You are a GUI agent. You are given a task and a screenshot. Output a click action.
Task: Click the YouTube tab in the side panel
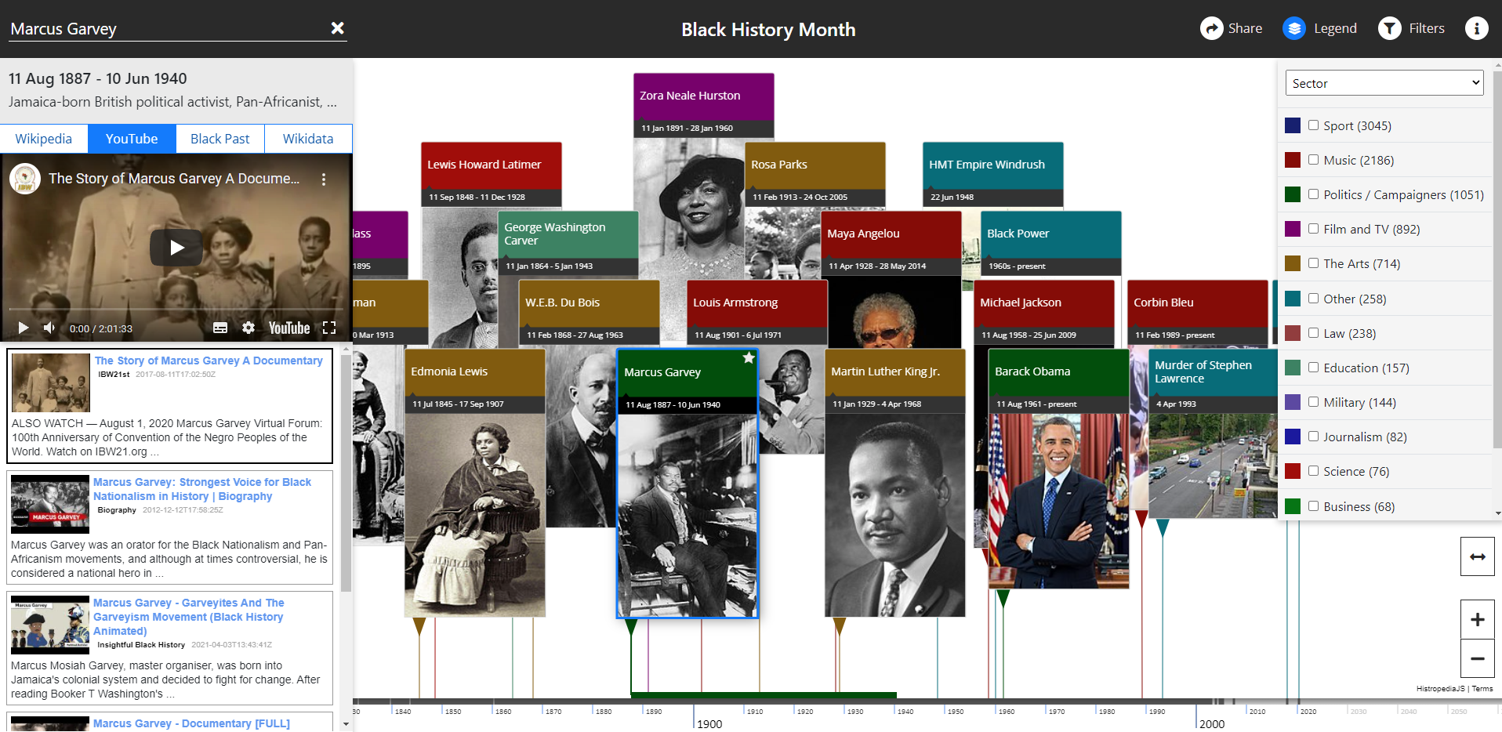pyautogui.click(x=131, y=139)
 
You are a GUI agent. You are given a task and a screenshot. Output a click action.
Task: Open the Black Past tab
pyautogui.click(x=219, y=139)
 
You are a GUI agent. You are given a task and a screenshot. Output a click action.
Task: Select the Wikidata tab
pyautogui.click(x=307, y=139)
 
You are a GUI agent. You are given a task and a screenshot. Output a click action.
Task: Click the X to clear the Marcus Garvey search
pyautogui.click(x=338, y=28)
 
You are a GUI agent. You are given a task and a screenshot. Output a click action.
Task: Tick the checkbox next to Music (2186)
pyautogui.click(x=1313, y=160)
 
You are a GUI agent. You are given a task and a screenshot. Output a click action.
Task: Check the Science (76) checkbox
pyautogui.click(x=1313, y=471)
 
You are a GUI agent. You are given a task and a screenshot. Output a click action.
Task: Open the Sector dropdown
pyautogui.click(x=1384, y=83)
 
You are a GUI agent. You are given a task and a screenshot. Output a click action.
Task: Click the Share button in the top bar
pyautogui.click(x=1231, y=28)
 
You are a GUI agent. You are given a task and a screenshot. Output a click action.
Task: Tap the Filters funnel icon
pyautogui.click(x=1390, y=28)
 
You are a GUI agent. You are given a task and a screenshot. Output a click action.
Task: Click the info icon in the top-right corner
pyautogui.click(x=1476, y=28)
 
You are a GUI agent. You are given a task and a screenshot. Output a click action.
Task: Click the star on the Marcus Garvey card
pyautogui.click(x=749, y=358)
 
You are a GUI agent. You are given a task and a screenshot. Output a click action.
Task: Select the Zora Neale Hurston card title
pyautogui.click(x=690, y=96)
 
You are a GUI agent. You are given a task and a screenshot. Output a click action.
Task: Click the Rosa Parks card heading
pyautogui.click(x=779, y=165)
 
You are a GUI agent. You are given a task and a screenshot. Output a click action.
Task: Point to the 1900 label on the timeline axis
pyautogui.click(x=709, y=723)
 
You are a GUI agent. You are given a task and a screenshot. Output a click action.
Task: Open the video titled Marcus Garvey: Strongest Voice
pyautogui.click(x=201, y=489)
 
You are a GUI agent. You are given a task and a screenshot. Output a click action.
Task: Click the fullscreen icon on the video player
pyautogui.click(x=329, y=328)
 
